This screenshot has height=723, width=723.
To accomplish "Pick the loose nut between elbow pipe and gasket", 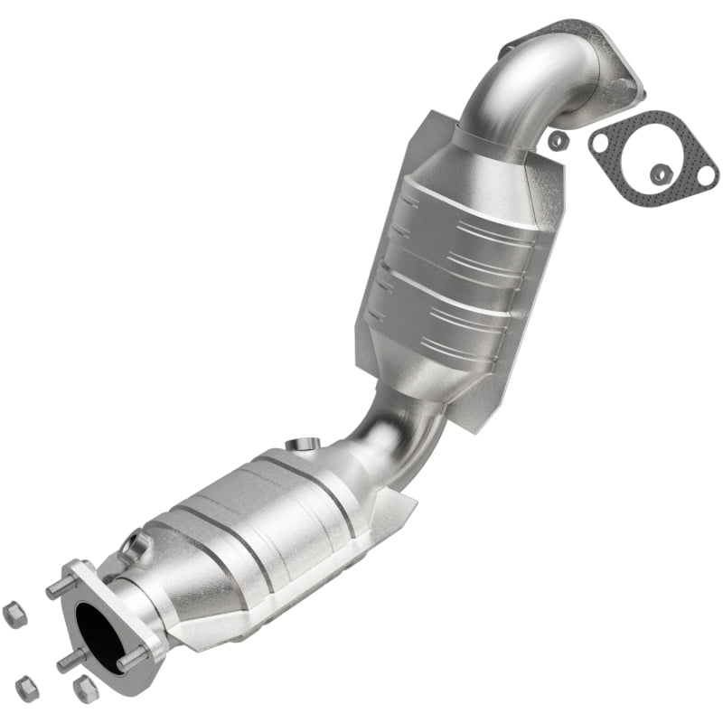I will pos(559,140).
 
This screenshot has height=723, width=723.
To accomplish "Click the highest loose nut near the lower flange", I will pos(13,615).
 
